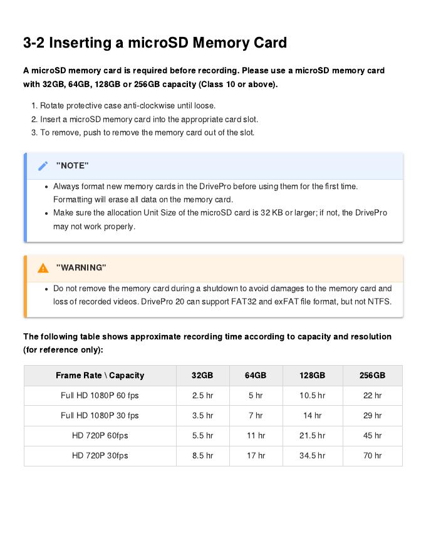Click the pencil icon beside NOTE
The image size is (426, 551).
click(43, 166)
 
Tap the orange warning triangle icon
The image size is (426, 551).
click(43, 268)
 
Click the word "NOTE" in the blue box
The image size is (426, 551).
click(73, 166)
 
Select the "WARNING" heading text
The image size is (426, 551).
click(81, 268)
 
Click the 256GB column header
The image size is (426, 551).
click(372, 376)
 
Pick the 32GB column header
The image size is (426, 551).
click(202, 376)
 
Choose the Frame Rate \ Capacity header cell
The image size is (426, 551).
click(100, 376)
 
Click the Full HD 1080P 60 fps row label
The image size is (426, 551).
click(100, 396)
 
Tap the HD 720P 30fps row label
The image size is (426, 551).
click(100, 456)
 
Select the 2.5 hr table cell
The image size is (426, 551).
click(202, 396)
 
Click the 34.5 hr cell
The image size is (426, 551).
click(312, 456)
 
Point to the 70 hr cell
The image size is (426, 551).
click(372, 456)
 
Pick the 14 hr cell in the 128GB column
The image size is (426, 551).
click(312, 416)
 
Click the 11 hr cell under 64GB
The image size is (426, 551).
click(256, 436)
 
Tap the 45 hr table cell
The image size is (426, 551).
click(372, 436)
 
